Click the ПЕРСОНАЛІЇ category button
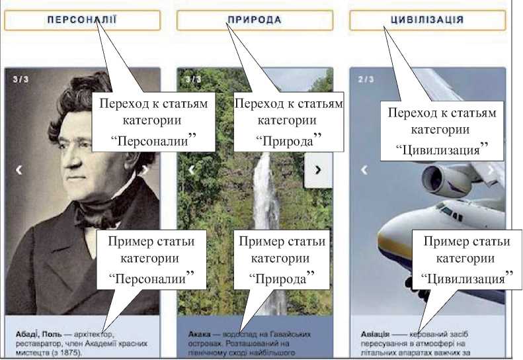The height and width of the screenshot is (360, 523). [x=82, y=20]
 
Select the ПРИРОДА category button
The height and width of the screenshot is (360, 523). [x=255, y=20]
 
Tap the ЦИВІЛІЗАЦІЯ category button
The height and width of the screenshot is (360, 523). [x=427, y=20]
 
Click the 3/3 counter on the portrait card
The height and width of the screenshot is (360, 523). [x=20, y=79]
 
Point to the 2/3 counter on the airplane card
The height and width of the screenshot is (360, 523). [x=366, y=79]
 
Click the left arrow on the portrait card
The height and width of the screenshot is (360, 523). [x=19, y=170]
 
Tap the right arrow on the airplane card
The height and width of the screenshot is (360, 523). [x=491, y=169]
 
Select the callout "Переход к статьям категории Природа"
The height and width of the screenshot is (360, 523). [x=288, y=121]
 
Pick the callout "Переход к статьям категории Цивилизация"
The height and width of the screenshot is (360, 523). [x=442, y=131]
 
